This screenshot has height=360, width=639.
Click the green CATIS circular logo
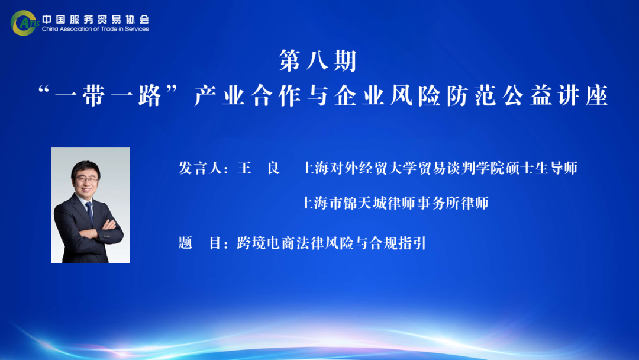click(24, 23)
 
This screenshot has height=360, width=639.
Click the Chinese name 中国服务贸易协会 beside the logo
click(95, 19)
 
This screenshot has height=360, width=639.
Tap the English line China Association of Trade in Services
click(95, 29)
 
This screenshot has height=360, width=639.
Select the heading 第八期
click(318, 61)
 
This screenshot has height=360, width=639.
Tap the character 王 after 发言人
click(244, 168)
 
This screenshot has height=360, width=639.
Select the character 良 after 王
click(273, 168)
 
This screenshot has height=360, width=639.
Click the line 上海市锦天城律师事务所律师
click(395, 203)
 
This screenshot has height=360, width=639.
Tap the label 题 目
click(201, 243)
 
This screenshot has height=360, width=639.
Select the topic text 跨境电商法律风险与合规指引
click(331, 243)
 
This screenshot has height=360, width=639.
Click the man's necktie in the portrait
click(89, 212)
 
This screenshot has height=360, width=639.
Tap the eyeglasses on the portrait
click(86, 179)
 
